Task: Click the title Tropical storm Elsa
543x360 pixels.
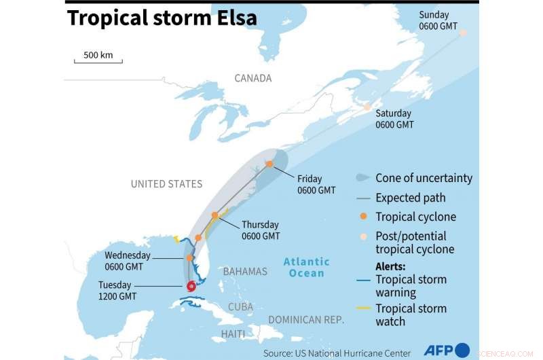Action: (x=162, y=18)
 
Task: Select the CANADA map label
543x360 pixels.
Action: (x=252, y=78)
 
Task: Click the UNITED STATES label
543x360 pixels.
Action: (x=166, y=183)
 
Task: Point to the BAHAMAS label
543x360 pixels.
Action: (x=245, y=271)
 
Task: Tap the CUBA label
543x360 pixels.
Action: (x=240, y=306)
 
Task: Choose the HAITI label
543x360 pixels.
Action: (x=233, y=334)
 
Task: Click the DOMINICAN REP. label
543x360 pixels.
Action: (x=306, y=319)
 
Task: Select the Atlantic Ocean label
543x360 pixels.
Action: (x=306, y=267)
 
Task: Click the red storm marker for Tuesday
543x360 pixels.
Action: (x=191, y=287)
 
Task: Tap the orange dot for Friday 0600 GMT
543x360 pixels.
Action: (x=269, y=164)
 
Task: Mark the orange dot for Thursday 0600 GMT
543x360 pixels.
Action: (x=215, y=215)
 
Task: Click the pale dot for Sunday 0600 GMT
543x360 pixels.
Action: (x=463, y=33)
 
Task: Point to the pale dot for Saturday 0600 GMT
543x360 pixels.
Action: (x=367, y=107)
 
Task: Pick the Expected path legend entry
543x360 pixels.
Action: (x=411, y=198)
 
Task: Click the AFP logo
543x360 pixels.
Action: (x=447, y=350)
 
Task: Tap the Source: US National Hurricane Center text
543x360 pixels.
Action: (x=337, y=353)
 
